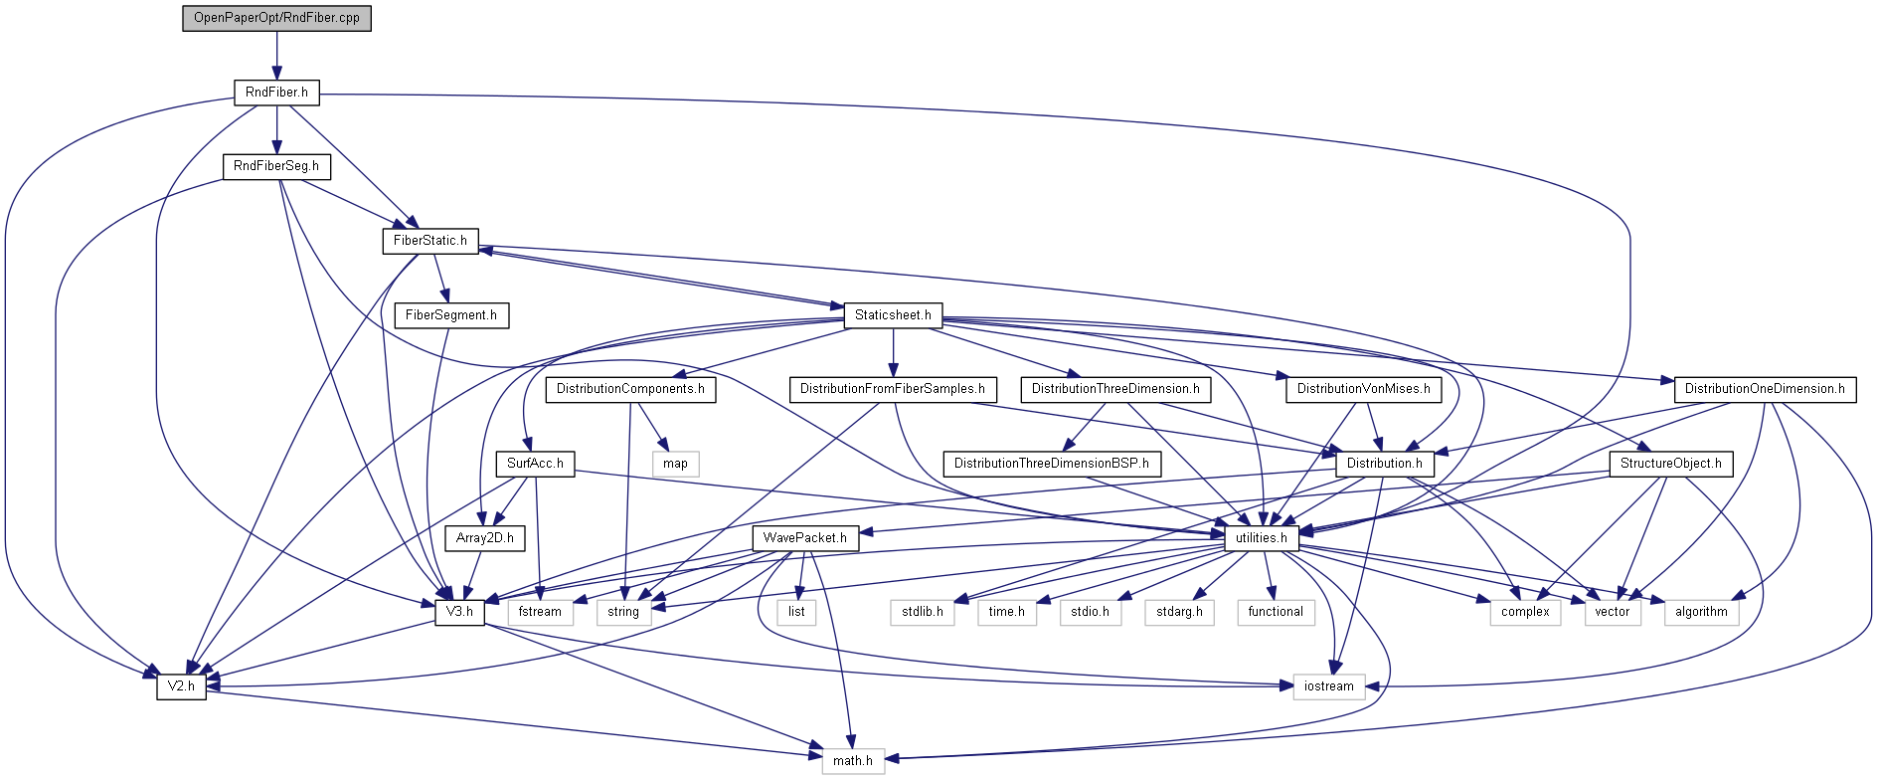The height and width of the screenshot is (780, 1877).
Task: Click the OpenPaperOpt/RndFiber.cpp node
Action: [276, 18]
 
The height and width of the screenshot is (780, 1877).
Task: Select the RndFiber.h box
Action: [276, 93]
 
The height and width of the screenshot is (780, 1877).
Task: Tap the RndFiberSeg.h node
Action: [276, 166]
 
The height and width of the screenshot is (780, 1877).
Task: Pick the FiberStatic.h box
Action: [429, 241]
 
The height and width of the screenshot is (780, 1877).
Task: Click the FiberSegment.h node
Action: [451, 315]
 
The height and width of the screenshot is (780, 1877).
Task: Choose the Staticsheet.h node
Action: [893, 315]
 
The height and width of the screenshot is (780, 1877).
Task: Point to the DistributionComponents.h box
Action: [630, 389]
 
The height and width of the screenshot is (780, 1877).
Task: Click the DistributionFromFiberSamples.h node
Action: [893, 389]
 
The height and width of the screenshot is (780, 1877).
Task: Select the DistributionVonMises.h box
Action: [1363, 389]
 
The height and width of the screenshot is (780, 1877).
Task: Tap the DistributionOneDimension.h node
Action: [1765, 389]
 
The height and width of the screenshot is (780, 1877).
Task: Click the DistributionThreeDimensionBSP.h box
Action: [1051, 464]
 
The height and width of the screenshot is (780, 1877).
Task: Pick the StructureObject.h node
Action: [1670, 464]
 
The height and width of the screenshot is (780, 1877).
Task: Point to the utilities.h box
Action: [1261, 538]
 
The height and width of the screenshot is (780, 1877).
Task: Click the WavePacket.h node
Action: [804, 538]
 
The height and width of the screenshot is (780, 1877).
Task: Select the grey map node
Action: [675, 464]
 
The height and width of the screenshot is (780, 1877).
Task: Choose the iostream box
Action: [1328, 686]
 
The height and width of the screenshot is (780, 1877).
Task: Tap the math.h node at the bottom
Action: [852, 761]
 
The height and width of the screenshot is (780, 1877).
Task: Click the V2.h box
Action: [181, 686]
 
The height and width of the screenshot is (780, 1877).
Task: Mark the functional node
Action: [1276, 612]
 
